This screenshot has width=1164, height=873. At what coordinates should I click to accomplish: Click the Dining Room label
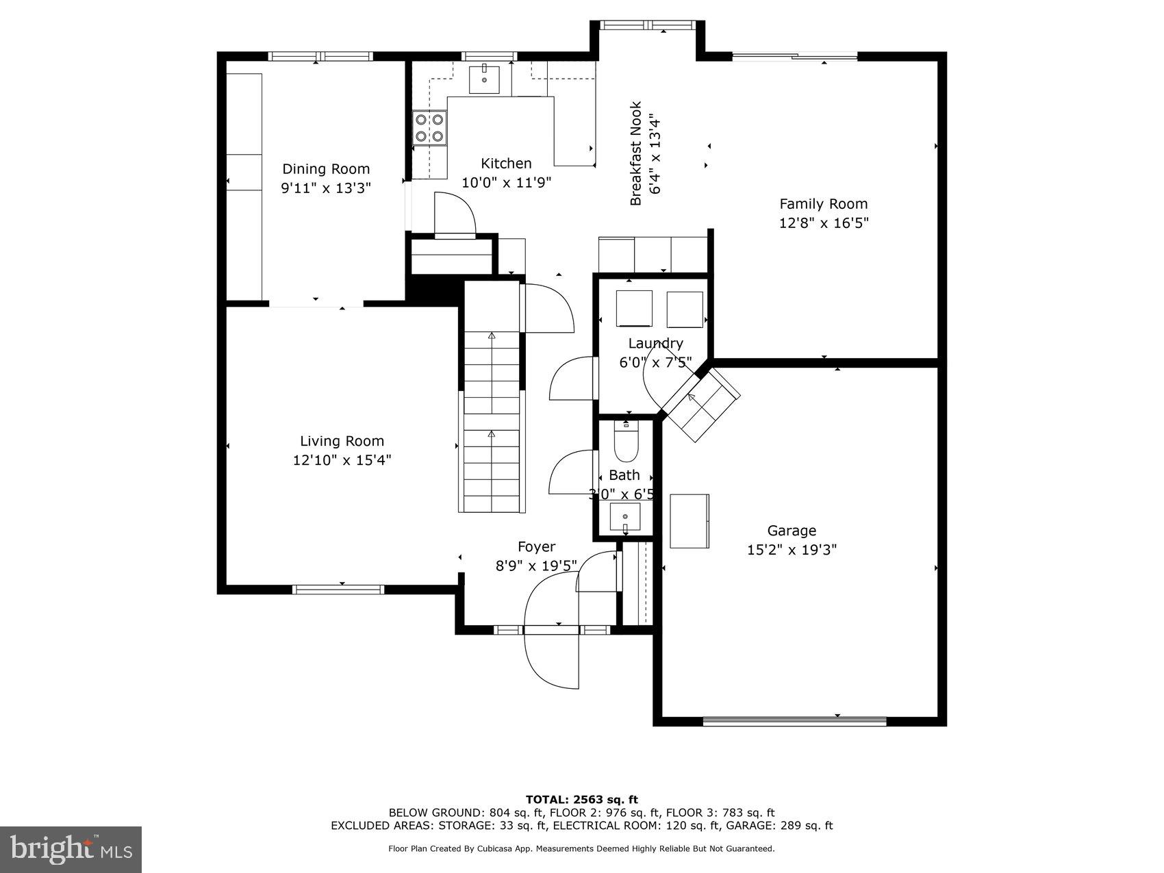click(x=326, y=169)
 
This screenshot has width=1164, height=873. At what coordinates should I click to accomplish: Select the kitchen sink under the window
click(x=484, y=79)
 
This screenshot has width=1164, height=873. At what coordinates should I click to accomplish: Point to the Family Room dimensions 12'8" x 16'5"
click(x=824, y=223)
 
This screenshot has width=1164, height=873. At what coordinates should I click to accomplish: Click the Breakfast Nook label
click(x=636, y=153)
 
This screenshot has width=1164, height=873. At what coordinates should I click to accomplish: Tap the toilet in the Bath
click(x=626, y=442)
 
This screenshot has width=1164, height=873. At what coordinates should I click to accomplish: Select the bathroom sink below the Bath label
click(x=625, y=516)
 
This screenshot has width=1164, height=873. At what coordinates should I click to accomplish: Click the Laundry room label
click(x=655, y=343)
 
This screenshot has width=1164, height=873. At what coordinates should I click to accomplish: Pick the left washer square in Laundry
click(x=635, y=309)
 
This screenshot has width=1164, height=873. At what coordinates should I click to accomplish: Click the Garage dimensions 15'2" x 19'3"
click(x=792, y=549)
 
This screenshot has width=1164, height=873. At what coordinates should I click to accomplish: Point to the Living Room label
click(x=342, y=441)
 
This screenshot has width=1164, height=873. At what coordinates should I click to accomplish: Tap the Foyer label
click(x=536, y=546)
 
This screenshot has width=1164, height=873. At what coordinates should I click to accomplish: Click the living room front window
click(x=338, y=589)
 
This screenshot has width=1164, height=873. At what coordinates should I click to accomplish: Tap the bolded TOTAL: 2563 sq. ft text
click(x=581, y=799)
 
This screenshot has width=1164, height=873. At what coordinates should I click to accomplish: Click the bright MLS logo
click(x=71, y=849)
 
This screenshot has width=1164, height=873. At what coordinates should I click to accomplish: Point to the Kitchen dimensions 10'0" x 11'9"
click(x=506, y=182)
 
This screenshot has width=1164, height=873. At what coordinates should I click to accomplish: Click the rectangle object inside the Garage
click(x=689, y=520)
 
